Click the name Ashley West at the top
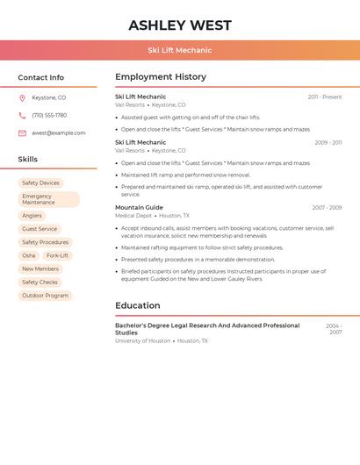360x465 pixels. [180, 25]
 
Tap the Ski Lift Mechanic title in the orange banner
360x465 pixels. [180, 50]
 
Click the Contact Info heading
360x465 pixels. [41, 77]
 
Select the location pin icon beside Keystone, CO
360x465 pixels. [22, 97]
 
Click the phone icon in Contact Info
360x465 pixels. [22, 115]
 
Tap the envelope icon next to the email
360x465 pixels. [22, 133]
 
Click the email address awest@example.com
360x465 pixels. [59, 133]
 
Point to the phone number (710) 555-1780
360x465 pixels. [49, 115]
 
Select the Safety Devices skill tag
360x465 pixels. [40, 182]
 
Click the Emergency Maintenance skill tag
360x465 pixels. [48, 199]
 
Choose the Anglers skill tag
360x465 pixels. [32, 216]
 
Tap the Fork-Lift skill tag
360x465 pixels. [57, 255]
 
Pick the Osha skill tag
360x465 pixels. [29, 255]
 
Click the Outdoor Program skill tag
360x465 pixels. [45, 296]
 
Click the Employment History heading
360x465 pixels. [161, 77]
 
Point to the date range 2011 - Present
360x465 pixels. [324, 97]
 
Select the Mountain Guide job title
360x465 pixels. [139, 208]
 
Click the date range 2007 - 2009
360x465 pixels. [327, 208]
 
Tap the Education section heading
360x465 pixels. [138, 305]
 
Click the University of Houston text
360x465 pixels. [142, 340]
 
